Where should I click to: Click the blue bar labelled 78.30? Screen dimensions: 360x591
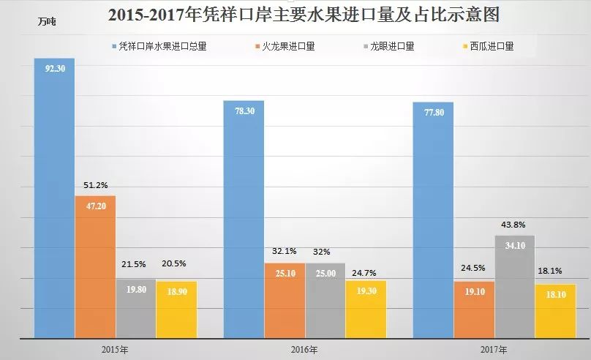(x=244, y=220)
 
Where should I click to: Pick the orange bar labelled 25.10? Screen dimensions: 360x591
(x=285, y=301)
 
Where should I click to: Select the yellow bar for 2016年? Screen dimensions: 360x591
(x=366, y=310)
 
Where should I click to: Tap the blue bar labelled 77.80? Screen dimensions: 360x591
(x=434, y=220)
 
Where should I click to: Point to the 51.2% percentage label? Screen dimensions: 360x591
(x=96, y=185)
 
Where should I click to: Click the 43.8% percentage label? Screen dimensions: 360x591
(x=516, y=225)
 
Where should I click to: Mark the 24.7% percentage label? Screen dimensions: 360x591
(x=366, y=270)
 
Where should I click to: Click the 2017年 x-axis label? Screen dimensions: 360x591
(x=494, y=349)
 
